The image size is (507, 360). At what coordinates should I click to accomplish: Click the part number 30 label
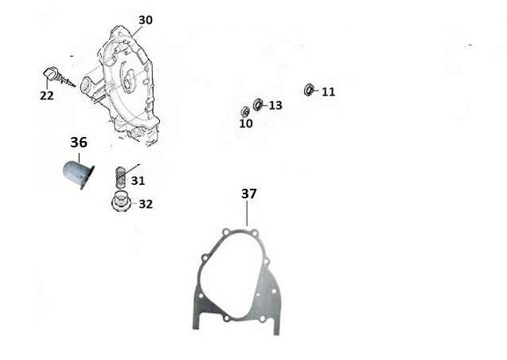click(x=146, y=20)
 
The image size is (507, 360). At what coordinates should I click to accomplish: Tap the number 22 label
click(x=47, y=96)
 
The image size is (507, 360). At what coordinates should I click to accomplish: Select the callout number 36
click(x=79, y=143)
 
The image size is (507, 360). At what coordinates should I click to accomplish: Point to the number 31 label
click(x=138, y=181)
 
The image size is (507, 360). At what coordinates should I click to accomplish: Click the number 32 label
click(x=146, y=204)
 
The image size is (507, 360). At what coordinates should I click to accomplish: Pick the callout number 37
click(x=249, y=194)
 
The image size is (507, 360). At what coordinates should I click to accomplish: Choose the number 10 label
click(x=246, y=123)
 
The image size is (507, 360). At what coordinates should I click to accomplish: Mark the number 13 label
click(x=275, y=105)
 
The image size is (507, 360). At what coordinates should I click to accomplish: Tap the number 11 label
click(x=329, y=92)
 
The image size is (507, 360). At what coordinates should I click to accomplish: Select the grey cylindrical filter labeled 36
click(x=78, y=175)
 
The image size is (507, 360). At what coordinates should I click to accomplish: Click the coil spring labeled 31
click(x=120, y=178)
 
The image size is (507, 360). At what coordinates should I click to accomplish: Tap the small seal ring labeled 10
click(x=245, y=112)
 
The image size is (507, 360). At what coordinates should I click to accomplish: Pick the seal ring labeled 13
click(x=258, y=104)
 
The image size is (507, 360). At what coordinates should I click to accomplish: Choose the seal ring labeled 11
click(x=309, y=90)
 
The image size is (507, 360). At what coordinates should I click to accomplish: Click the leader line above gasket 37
click(x=247, y=213)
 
